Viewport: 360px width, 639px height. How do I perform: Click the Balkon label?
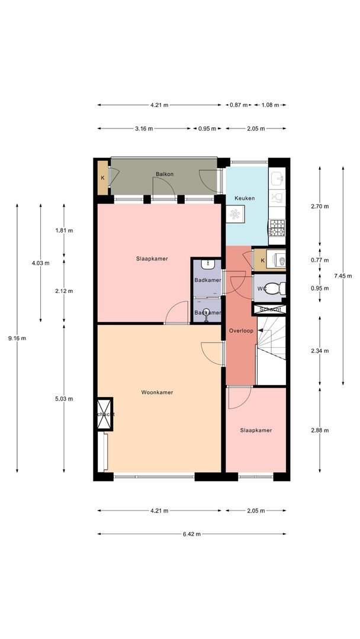[165, 174]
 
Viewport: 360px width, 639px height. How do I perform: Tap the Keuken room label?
[245, 198]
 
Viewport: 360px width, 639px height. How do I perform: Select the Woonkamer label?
[157, 392]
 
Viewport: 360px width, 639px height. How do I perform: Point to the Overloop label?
[241, 331]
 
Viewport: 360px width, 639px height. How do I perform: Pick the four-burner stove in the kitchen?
[277, 227]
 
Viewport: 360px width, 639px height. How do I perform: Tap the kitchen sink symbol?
[277, 177]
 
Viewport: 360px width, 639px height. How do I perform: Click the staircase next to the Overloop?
[271, 351]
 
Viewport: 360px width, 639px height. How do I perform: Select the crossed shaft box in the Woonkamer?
[104, 414]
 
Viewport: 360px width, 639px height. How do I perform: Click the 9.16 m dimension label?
[17, 338]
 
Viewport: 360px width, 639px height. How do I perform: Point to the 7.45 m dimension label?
[343, 276]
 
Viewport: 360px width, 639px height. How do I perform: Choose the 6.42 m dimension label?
[192, 534]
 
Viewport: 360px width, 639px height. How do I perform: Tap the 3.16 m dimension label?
[144, 129]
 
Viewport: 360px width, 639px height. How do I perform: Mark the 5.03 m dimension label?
[64, 399]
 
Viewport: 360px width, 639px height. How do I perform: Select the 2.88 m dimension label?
[320, 430]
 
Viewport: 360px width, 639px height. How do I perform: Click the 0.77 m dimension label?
[320, 260]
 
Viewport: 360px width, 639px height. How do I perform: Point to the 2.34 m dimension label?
[320, 350]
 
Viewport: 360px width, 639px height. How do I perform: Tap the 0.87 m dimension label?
[239, 105]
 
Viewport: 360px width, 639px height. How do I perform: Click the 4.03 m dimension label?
[40, 263]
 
